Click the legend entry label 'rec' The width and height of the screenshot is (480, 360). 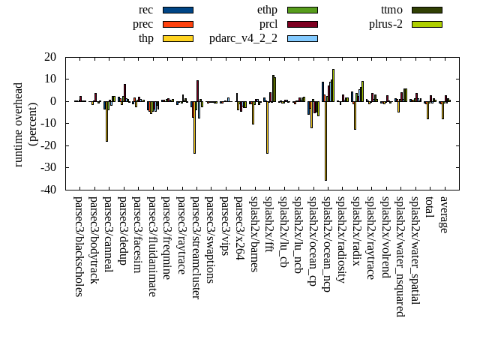pyautogui.click(x=146, y=10)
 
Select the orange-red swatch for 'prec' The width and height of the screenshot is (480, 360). pyautogui.click(x=178, y=24)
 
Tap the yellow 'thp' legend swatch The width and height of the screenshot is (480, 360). pyautogui.click(x=178, y=38)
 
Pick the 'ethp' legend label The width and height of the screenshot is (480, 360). pyautogui.click(x=267, y=10)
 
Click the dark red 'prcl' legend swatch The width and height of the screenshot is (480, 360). pyautogui.click(x=302, y=24)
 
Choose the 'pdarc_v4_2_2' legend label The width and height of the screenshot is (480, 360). pyautogui.click(x=243, y=38)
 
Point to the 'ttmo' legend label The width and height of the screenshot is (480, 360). pyautogui.click(x=391, y=10)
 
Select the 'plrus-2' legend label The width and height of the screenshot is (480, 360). pyautogui.click(x=385, y=24)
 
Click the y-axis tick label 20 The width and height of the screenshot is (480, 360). pyautogui.click(x=51, y=57)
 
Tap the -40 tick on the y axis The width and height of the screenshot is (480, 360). pyautogui.click(x=49, y=190)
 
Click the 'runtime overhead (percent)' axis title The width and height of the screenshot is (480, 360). pyautogui.click(x=26, y=124)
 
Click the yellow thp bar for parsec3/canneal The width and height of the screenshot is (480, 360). pyautogui.click(x=106, y=121)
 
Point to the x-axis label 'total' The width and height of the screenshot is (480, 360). pyautogui.click(x=430, y=208)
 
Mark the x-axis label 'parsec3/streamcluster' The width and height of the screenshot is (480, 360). pyautogui.click(x=196, y=248)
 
